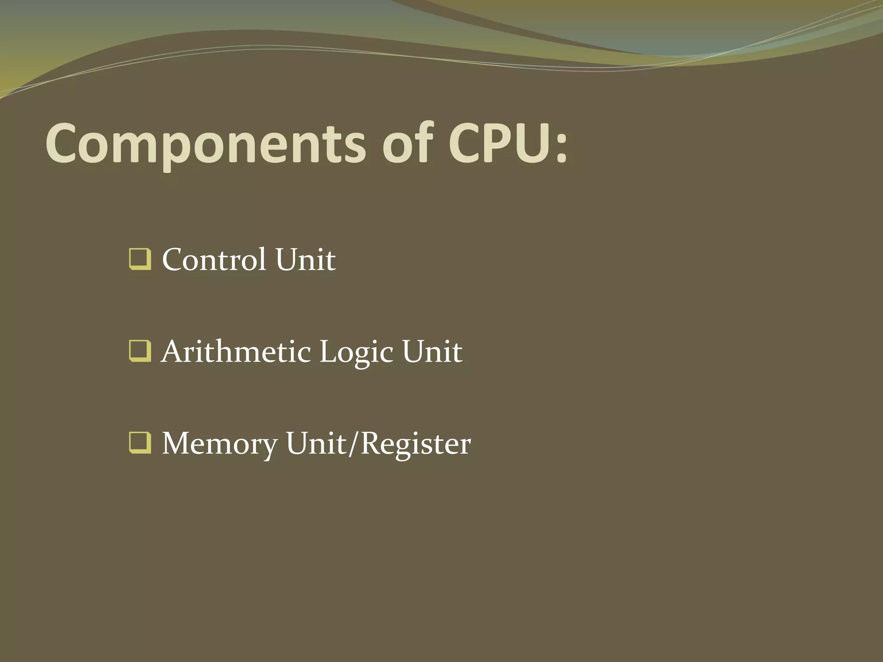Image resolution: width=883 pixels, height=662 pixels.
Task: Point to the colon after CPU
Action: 561,149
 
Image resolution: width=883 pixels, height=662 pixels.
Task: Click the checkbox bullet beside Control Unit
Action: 140,259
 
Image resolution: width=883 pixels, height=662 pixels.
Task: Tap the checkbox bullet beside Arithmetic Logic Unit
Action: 140,351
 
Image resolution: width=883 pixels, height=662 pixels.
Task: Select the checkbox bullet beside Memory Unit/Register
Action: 140,443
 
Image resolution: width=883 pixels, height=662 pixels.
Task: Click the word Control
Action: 214,259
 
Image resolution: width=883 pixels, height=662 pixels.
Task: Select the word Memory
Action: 220,444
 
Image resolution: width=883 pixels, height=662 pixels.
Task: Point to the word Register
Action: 416,444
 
